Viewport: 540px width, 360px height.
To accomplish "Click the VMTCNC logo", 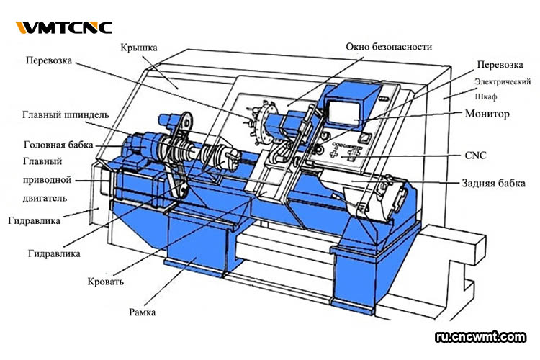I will pos(64,28).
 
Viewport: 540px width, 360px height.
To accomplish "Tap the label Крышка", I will pos(140,48).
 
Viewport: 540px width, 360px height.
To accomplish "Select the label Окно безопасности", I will pos(389,48).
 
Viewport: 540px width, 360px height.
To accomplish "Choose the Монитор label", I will pos(487,114).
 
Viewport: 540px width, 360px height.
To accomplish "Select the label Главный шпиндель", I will pos(66,114).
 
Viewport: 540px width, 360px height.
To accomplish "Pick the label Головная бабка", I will pos(58,144).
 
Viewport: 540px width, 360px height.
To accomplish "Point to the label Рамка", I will pos(145,312).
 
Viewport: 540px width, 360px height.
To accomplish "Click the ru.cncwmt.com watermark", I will pos(481,336).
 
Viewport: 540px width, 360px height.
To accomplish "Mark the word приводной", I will pos(47,179).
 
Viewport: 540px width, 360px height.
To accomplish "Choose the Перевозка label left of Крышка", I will pos(50,61).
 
